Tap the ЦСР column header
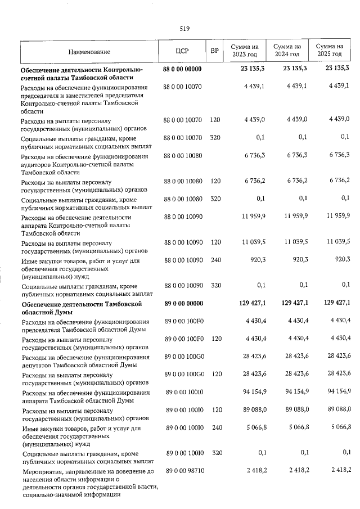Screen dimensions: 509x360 point(182,51)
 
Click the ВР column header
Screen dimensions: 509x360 point(214,51)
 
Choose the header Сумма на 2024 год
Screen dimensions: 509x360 point(287,51)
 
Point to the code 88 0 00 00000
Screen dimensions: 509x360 point(182,69)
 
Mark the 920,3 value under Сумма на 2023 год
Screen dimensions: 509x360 point(256,261)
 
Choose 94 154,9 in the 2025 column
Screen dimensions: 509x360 point(337,392)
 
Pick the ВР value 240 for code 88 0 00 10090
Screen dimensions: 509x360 point(215,261)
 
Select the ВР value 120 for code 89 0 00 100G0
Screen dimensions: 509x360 point(215,374)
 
